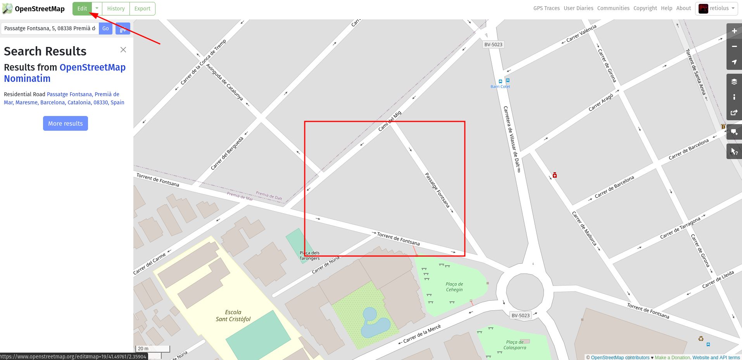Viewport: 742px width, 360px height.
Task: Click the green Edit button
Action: click(82, 9)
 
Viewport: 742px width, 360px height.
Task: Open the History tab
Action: click(116, 9)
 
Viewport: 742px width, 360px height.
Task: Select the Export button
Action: click(142, 9)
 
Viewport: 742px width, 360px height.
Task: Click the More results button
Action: click(66, 123)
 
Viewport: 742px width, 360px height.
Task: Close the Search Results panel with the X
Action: click(123, 50)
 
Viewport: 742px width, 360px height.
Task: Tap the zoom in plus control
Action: click(734, 31)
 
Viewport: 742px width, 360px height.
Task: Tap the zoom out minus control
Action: click(734, 47)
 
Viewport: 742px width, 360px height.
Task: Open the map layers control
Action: click(734, 81)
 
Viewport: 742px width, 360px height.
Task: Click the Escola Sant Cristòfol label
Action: click(233, 316)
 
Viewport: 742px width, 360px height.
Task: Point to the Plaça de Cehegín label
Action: click(454, 287)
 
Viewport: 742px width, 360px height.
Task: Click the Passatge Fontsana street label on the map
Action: click(437, 190)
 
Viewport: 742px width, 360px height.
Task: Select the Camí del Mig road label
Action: click(390, 121)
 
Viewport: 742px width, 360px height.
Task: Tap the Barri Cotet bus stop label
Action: click(500, 87)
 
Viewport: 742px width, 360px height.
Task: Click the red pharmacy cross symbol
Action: click(555, 175)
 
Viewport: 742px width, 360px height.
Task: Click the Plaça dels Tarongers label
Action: click(309, 256)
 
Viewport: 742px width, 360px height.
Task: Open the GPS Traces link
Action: click(546, 8)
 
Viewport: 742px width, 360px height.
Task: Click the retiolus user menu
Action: click(716, 9)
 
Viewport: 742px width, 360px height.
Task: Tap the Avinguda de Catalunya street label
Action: click(224, 82)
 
